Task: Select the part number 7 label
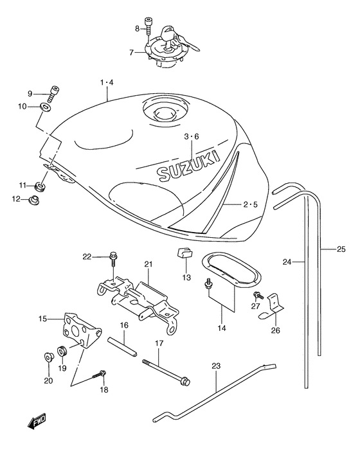[131, 52]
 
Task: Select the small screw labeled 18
[102, 375]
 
